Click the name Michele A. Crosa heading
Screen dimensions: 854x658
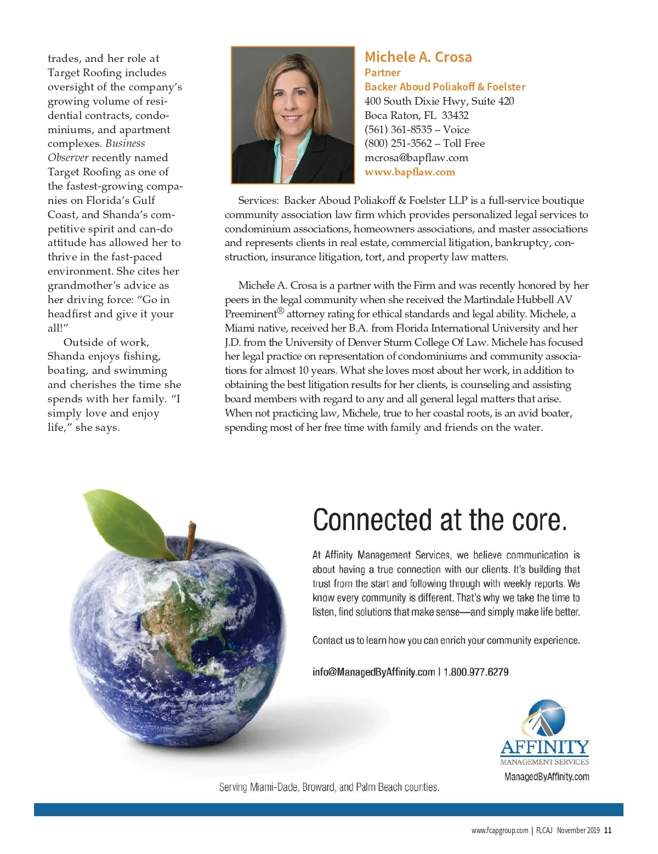(x=418, y=57)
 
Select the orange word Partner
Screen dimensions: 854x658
(x=382, y=72)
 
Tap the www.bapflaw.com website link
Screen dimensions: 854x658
(x=410, y=172)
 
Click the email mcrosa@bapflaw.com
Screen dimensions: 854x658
(x=416, y=158)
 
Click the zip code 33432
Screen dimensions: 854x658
(x=455, y=115)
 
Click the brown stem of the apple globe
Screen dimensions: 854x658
(x=191, y=540)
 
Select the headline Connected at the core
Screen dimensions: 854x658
(x=439, y=520)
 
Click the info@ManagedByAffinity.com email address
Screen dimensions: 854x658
(x=373, y=672)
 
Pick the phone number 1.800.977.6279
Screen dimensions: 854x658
(x=476, y=672)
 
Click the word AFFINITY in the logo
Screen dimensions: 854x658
(x=544, y=747)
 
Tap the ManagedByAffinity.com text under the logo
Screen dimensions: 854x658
(x=546, y=777)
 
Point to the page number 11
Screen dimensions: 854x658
(x=608, y=830)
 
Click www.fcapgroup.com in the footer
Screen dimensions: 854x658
(x=500, y=830)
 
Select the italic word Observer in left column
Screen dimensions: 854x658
(x=67, y=158)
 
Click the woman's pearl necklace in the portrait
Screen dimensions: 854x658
(x=290, y=158)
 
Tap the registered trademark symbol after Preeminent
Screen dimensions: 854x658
(x=280, y=311)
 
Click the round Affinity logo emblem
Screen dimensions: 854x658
(x=543, y=718)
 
